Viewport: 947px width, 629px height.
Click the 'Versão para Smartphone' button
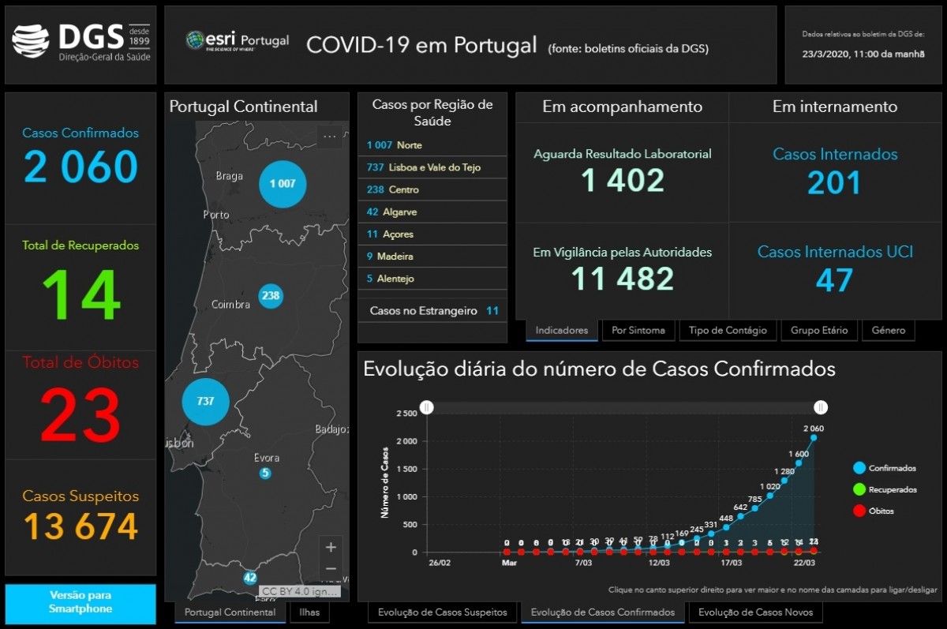click(x=80, y=602)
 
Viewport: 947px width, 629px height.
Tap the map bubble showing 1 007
click(x=283, y=184)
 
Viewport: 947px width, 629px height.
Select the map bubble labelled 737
click(x=205, y=402)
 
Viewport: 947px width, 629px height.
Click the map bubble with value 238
click(x=271, y=296)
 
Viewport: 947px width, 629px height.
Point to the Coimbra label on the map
click(x=230, y=305)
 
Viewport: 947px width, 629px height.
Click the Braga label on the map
click(x=230, y=176)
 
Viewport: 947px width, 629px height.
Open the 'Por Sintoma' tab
click(x=638, y=331)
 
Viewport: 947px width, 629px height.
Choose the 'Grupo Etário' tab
click(x=819, y=331)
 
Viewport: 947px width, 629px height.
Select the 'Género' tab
click(x=889, y=331)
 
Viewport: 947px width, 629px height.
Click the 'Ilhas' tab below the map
click(x=309, y=612)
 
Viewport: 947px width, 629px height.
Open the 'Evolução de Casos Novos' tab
click(x=755, y=612)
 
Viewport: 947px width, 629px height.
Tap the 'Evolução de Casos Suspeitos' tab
click(x=442, y=612)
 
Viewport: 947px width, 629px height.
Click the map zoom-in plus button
click(x=331, y=547)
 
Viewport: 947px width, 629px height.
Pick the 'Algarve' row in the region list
click(x=432, y=212)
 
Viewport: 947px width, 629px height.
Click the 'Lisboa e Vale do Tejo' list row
click(x=432, y=167)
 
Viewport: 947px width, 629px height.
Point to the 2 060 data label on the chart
click(x=814, y=429)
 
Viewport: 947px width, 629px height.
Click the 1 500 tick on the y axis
click(x=406, y=469)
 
